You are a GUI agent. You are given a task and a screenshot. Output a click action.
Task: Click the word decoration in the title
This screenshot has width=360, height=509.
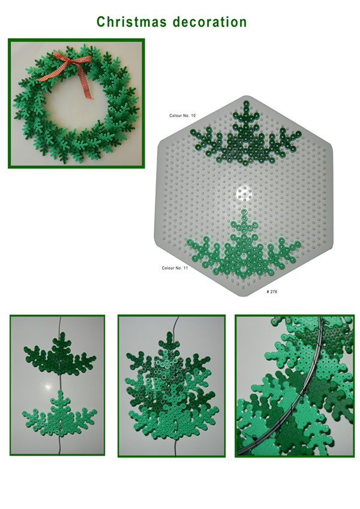[210, 22]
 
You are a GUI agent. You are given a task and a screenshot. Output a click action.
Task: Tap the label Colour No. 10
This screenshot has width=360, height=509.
[182, 116]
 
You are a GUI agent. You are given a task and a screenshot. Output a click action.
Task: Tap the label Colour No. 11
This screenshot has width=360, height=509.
[175, 268]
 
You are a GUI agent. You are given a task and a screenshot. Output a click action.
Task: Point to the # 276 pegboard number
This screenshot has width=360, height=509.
[272, 292]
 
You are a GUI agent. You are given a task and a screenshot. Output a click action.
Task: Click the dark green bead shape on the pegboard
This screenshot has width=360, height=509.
[246, 136]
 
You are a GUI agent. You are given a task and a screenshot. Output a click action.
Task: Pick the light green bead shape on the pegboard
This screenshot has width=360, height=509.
[244, 247]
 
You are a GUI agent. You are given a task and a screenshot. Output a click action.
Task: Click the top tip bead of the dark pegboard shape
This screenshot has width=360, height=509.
[246, 104]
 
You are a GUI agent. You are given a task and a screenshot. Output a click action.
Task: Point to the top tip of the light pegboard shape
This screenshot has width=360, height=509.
[244, 213]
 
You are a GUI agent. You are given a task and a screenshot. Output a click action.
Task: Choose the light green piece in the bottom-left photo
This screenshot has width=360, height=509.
[60, 414]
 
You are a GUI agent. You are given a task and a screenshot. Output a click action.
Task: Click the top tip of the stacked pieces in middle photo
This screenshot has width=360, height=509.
[170, 335]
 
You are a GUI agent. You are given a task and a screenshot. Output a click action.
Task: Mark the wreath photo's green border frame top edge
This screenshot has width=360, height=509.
[76, 40]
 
